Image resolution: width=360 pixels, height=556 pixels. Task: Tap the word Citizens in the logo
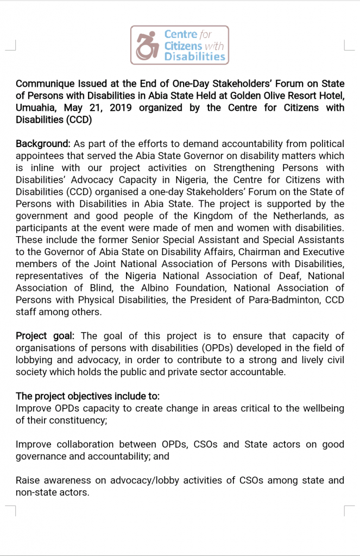[184, 46]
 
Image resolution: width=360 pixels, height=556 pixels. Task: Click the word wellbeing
[320, 408]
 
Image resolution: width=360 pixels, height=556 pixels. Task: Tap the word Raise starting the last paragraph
[28, 480]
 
